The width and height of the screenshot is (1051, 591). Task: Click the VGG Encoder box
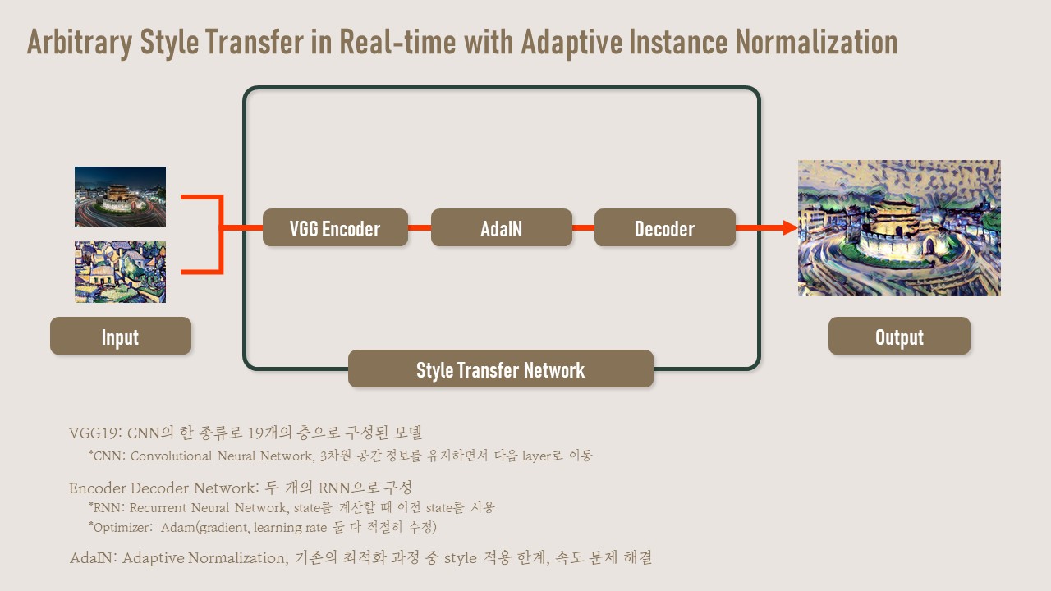[335, 228]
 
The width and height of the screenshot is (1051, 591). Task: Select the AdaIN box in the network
[501, 228]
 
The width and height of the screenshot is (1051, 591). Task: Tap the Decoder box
[664, 228]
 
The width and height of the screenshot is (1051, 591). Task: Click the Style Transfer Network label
[500, 369]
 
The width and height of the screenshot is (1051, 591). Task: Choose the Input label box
[120, 337]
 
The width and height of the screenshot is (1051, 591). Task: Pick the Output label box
[899, 337]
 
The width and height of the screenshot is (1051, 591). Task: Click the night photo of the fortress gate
[120, 197]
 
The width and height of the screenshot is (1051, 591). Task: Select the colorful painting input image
[120, 272]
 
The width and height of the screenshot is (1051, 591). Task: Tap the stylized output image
[899, 227]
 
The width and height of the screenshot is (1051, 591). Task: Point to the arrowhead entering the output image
[790, 227]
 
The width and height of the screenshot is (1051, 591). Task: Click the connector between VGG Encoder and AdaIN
[419, 227]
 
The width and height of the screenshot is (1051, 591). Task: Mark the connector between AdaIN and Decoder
[583, 227]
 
